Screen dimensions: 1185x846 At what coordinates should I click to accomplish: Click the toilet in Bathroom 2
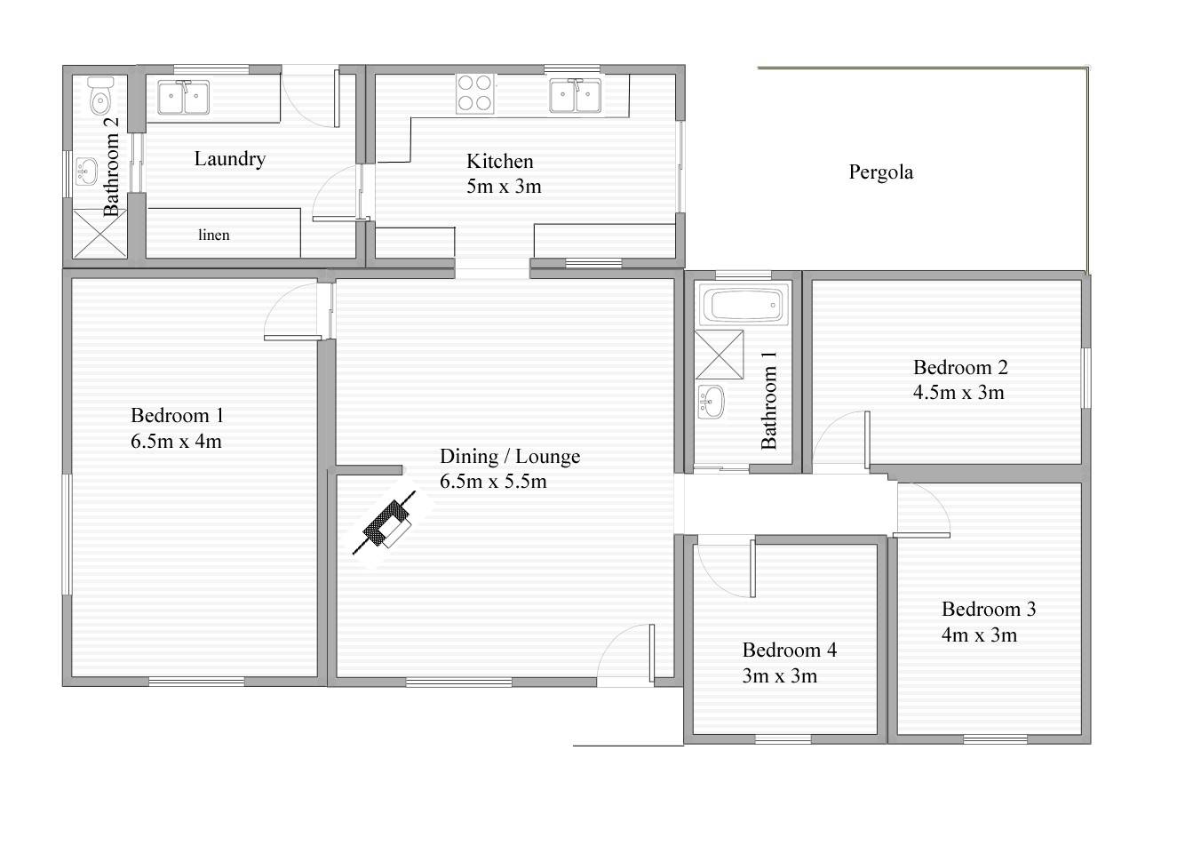pos(100,96)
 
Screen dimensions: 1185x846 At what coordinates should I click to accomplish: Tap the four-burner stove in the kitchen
pos(474,93)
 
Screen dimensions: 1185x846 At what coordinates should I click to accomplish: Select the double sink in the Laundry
pos(183,98)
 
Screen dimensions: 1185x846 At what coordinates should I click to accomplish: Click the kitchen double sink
pos(575,96)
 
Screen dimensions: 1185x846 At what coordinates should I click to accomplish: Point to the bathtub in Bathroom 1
pos(744,305)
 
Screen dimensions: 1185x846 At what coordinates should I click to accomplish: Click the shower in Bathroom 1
pos(719,355)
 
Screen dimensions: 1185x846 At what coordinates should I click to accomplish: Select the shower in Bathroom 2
pos(99,234)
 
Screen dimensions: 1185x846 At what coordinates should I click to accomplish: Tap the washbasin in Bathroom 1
pos(711,402)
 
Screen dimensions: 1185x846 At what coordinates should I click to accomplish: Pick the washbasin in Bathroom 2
pos(85,172)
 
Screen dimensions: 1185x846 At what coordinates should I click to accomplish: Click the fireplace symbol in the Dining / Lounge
pos(385,523)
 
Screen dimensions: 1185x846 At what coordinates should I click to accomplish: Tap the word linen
pos(214,235)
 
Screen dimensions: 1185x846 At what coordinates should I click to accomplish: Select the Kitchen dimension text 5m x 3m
pos(504,187)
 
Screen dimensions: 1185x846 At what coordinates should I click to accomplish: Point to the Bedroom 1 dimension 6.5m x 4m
pos(176,441)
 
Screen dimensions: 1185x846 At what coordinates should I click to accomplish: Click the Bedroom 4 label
pos(790,650)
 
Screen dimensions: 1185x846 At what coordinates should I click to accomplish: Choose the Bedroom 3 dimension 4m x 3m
pos(979,634)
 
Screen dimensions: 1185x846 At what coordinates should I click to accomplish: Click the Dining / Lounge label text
pos(510,457)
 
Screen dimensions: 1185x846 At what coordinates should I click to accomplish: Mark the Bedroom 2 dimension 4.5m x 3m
pos(958,393)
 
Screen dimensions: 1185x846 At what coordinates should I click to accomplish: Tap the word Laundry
pos(229,159)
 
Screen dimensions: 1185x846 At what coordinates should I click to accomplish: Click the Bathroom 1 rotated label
pos(768,400)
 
